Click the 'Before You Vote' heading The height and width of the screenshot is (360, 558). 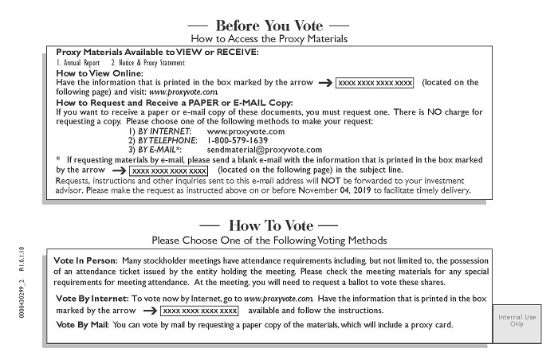[271, 25]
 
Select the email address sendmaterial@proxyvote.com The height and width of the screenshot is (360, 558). [264, 149]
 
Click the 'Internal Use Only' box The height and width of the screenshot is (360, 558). [516, 321]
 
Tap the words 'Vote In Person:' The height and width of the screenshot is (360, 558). [85, 260]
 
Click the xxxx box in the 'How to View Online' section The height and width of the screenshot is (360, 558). [375, 82]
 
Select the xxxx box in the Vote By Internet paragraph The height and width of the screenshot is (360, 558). [199, 310]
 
